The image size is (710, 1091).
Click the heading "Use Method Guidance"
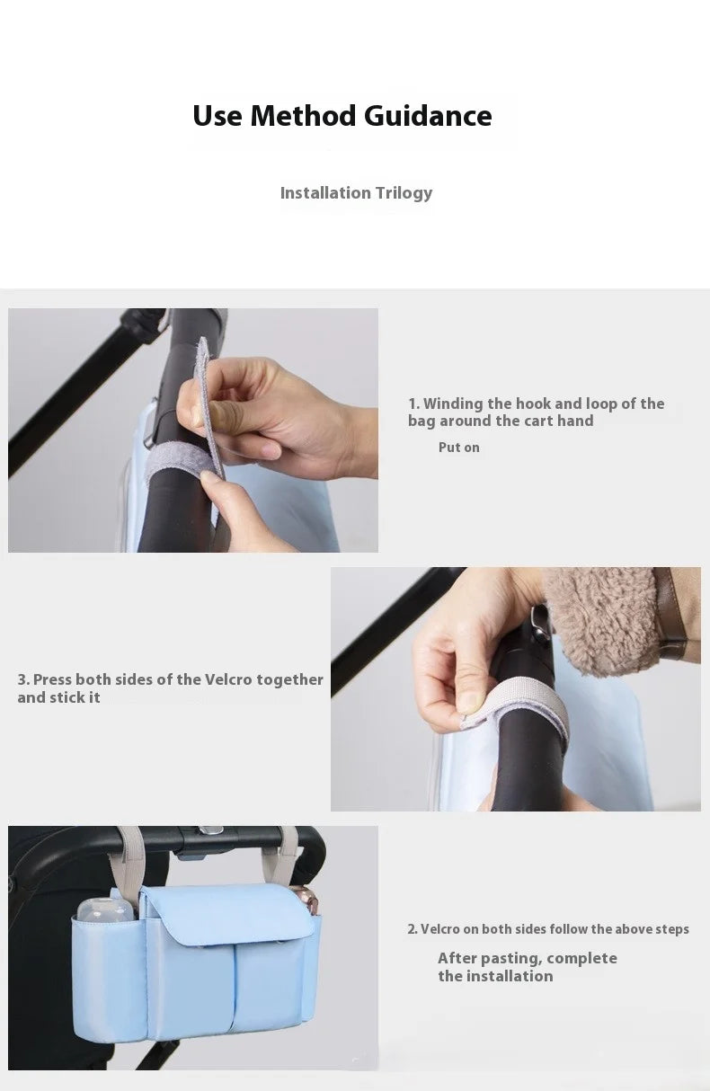click(x=342, y=116)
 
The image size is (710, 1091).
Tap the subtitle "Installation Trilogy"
click(x=356, y=192)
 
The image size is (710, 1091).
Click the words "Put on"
click(x=458, y=448)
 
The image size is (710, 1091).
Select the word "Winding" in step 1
click(x=453, y=404)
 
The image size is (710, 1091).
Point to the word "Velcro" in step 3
click(x=227, y=679)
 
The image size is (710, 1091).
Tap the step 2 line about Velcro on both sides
click(x=548, y=929)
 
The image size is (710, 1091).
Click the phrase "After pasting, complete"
click(x=527, y=958)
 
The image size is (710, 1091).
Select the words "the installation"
click(x=495, y=976)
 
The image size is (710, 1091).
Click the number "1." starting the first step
click(x=413, y=404)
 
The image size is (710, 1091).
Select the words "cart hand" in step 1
click(x=558, y=421)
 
